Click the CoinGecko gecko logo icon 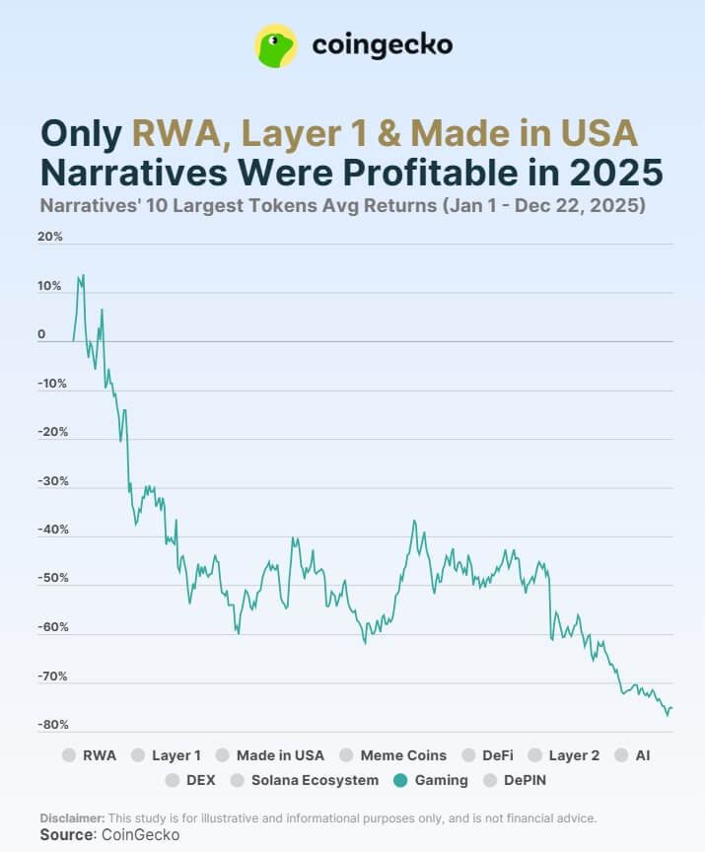(x=276, y=45)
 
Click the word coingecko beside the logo (x=383, y=45)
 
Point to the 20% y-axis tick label (x=51, y=237)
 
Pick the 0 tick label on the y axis (x=42, y=334)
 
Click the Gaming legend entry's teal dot (x=399, y=780)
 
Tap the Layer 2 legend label (x=574, y=755)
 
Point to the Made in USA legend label (x=280, y=755)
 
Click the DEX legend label (x=200, y=780)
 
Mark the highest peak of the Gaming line (x=83, y=275)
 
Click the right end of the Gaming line (x=671, y=707)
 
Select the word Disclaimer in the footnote (x=72, y=818)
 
